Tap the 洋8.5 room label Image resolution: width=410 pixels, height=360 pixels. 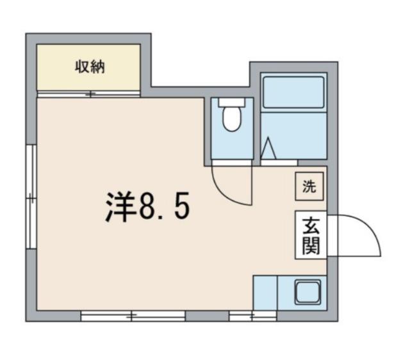(x=147, y=206)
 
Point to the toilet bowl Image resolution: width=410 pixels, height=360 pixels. (x=231, y=120)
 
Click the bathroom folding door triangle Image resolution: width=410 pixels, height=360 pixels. (x=269, y=150)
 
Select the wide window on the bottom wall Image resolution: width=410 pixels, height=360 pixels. (x=133, y=315)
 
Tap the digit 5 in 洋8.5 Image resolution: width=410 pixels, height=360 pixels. (x=181, y=206)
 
